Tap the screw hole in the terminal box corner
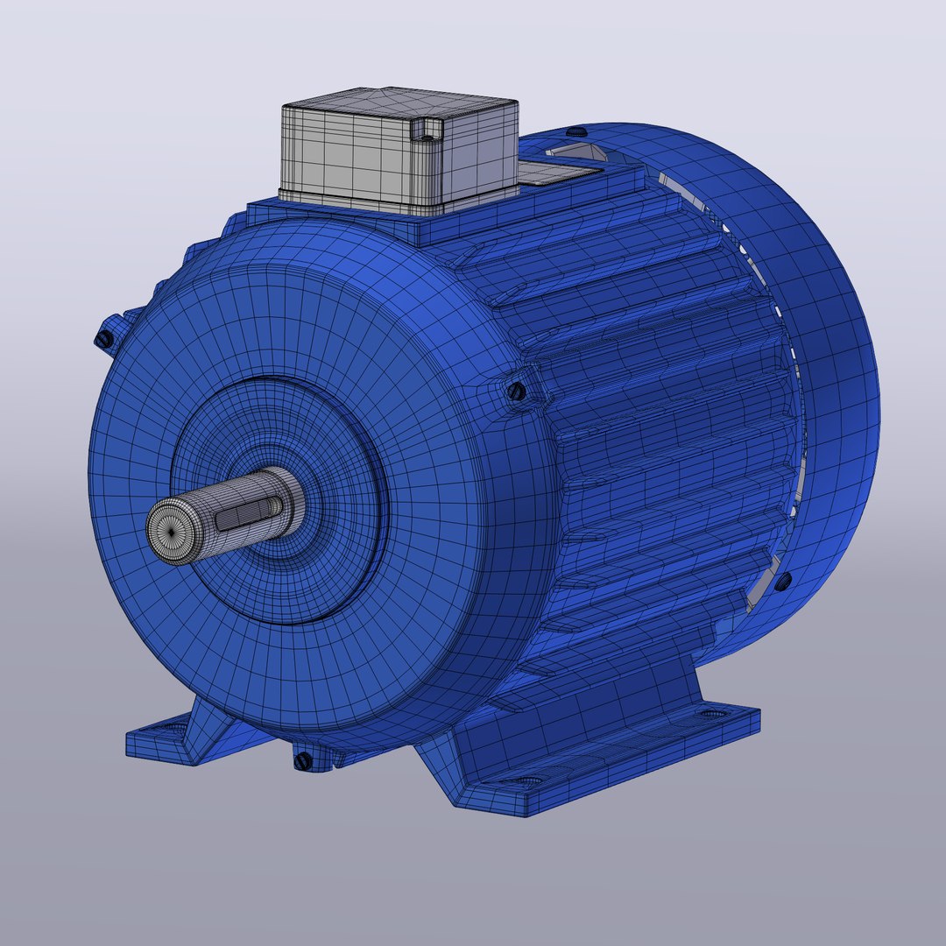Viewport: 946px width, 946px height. tap(427, 130)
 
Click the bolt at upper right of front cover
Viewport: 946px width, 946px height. tap(517, 391)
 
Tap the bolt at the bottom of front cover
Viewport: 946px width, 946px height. tap(303, 759)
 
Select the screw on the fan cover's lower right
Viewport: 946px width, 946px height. tap(783, 579)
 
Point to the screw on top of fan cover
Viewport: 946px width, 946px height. tap(575, 131)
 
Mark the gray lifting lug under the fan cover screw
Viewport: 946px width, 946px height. tap(574, 154)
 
